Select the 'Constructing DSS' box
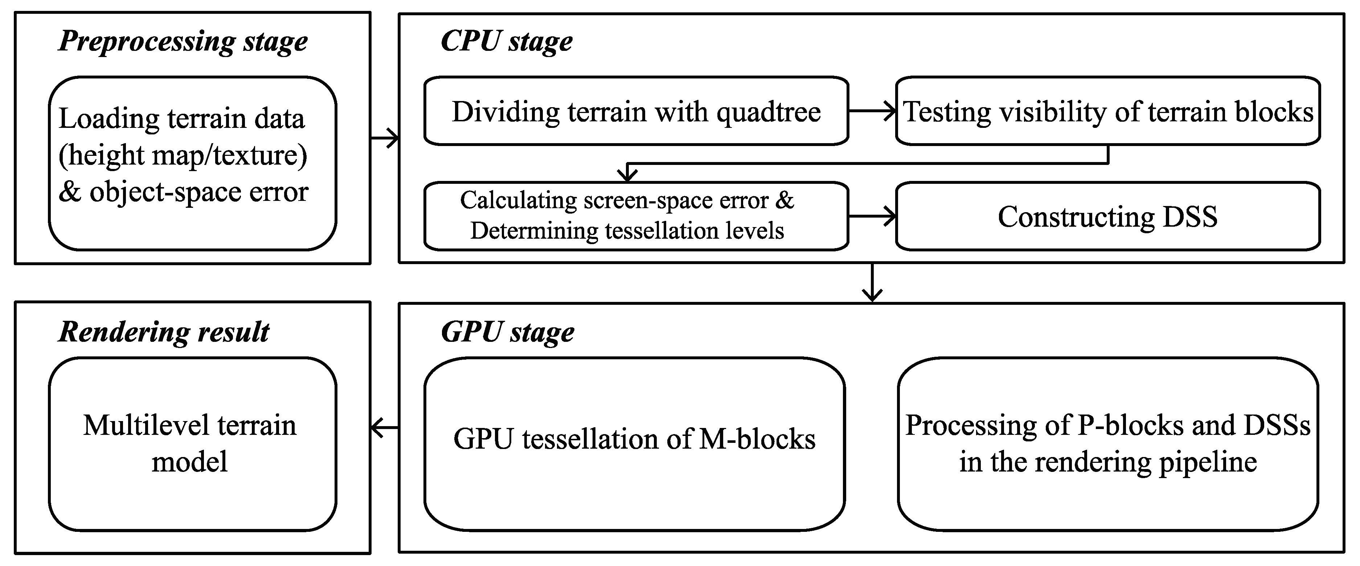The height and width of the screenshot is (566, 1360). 1108,217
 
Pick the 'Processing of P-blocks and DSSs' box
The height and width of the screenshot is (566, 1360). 1108,444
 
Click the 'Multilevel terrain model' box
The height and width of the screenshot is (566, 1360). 190,444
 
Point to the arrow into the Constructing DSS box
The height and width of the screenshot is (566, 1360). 872,216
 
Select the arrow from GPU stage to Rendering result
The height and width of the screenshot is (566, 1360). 384,427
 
